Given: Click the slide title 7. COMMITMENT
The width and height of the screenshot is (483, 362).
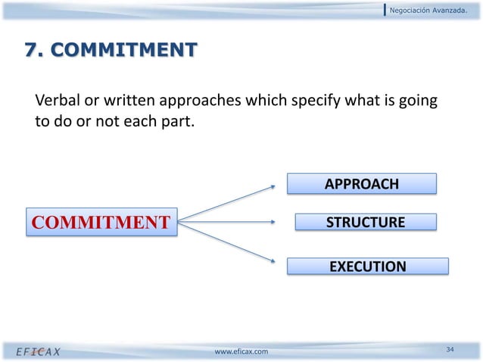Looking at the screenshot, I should [111, 51].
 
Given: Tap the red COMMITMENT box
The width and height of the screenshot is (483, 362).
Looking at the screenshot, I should [100, 222].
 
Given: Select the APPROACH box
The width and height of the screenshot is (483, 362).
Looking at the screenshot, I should [361, 184].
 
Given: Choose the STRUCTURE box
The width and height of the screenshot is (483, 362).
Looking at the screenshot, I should [365, 222].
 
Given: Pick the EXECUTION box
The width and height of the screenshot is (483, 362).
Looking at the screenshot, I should [367, 267].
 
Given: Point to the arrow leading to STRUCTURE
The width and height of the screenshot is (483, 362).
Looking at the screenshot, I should [227, 222].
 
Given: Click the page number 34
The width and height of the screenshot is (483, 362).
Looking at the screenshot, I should [450, 349].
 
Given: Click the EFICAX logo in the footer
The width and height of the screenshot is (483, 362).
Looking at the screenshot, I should [39, 351].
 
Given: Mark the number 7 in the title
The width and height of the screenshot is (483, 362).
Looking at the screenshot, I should [32, 51].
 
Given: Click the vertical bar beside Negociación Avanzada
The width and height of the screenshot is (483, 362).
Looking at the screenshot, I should [385, 9].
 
